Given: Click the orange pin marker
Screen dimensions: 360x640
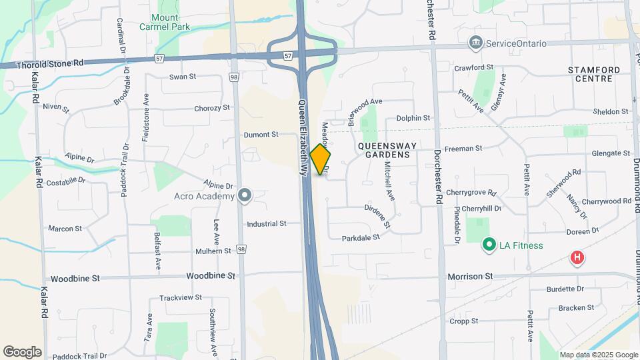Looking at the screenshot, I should (x=321, y=159).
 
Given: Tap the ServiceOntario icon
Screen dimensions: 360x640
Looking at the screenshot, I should (x=476, y=43).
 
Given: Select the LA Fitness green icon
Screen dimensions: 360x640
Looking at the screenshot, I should (x=488, y=245).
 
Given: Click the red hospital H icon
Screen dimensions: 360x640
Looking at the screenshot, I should (x=577, y=257).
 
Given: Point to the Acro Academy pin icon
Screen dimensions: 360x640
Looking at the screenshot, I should (x=245, y=195).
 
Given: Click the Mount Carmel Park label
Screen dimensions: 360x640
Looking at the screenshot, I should (x=165, y=22).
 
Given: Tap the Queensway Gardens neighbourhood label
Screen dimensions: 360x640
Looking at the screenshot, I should (x=387, y=150).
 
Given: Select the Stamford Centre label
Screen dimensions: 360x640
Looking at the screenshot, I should (x=594, y=74).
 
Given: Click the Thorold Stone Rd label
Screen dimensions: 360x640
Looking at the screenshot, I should (x=51, y=63).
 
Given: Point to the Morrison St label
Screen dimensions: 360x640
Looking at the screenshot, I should (x=470, y=276).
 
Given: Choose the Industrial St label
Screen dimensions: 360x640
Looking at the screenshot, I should (x=266, y=224).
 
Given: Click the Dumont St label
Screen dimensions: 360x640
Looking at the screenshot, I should (x=261, y=134).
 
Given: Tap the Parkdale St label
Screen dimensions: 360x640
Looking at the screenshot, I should (x=360, y=237).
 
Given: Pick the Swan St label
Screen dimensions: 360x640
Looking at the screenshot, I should (x=182, y=77).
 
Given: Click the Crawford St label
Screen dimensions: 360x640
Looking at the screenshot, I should (x=473, y=67).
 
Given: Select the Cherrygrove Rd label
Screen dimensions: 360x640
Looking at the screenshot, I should (x=471, y=193).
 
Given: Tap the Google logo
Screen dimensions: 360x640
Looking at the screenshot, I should (x=22, y=352).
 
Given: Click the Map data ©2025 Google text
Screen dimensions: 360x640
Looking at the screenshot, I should (x=599, y=355).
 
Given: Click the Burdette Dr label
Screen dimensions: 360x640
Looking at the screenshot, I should (x=565, y=289).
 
